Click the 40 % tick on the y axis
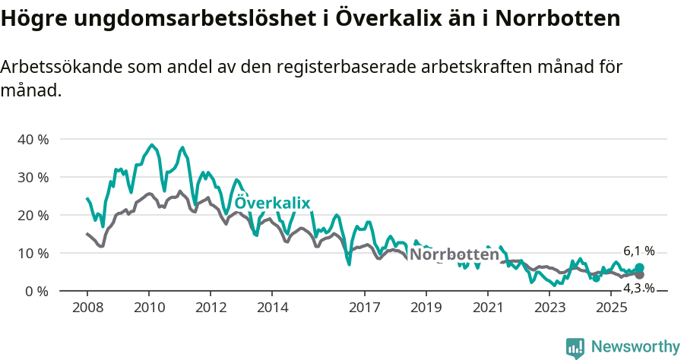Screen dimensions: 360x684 pos(33,140)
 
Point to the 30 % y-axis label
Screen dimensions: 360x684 pos(33,178)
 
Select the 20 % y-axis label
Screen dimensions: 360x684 pos(33,216)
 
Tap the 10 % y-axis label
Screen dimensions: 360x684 pos(33,254)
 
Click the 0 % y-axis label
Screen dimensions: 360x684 pos(36,292)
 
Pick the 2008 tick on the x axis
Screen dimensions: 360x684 pos(87,308)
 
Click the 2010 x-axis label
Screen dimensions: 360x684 pos(148,308)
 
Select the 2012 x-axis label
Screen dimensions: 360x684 pos(211,308)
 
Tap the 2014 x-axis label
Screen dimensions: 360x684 pos(272,308)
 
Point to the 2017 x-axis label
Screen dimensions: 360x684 pos(365,308)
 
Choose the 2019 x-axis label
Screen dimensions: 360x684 pos(426,308)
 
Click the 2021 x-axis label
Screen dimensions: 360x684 pos(488,308)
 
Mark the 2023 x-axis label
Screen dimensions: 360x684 pos(549,308)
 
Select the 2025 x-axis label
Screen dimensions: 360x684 pos(611,308)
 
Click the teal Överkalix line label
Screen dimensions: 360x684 pos(272,203)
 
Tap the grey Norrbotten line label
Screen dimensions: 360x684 pos(454,254)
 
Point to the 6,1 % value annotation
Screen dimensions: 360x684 pos(638,251)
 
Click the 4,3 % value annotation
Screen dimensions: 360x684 pos(638,288)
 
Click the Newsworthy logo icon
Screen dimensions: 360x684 pos(575,348)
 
